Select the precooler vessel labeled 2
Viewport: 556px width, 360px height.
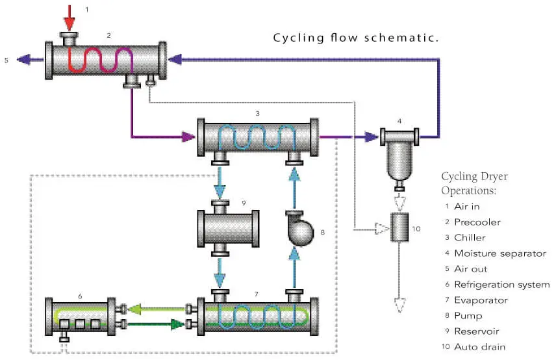(104, 60)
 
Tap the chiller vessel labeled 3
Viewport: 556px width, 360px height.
(257, 137)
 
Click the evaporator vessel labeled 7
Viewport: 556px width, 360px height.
(257, 316)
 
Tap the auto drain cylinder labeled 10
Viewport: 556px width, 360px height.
(399, 227)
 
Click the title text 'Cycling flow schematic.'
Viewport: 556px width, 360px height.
(356, 38)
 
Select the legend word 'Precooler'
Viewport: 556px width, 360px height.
(477, 222)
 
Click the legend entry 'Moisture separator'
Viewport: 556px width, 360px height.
(499, 253)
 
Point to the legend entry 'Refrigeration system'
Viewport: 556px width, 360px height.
(501, 284)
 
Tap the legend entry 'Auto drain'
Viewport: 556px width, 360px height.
(479, 346)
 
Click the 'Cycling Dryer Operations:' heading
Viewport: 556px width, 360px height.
(474, 183)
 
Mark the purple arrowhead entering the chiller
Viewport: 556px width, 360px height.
(188, 137)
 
